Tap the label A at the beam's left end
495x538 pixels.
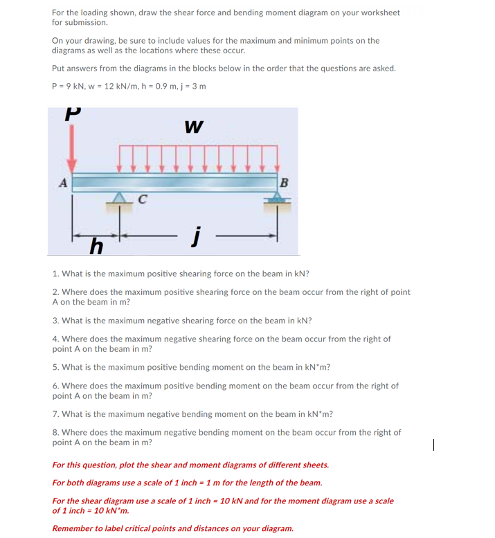(x=62, y=183)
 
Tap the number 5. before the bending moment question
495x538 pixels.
(x=55, y=368)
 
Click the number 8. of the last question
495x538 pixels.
(x=55, y=433)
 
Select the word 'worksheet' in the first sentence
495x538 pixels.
(x=378, y=13)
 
